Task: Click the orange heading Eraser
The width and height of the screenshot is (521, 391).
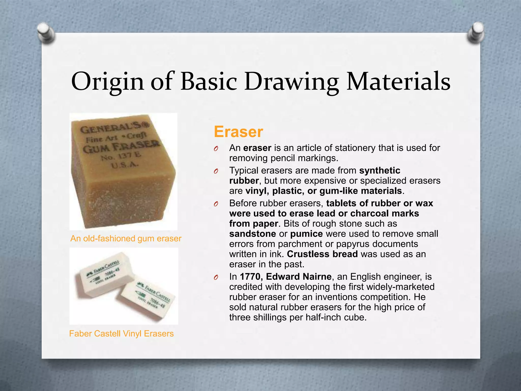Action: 238,132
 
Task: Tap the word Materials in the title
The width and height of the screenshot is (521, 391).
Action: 398,81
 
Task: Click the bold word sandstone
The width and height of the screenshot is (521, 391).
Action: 252,234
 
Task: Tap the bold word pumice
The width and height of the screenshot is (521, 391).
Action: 306,234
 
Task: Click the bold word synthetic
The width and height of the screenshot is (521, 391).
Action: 380,170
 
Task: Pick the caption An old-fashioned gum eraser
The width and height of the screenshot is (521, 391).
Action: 126,239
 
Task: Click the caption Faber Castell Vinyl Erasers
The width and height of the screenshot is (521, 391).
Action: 121,333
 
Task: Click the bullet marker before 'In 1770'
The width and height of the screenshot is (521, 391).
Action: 216,277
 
